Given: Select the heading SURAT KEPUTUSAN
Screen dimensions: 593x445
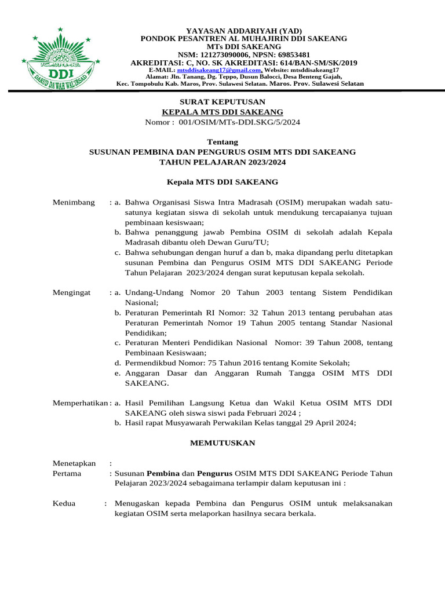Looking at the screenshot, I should pos(222,101).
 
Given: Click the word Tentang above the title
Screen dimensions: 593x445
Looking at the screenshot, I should pos(222,142).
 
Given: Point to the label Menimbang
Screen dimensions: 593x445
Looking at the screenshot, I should pos(74,202).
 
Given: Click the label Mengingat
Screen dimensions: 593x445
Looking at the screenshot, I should pos(72,293).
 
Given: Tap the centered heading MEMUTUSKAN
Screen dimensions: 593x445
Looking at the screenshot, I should pos(222,443).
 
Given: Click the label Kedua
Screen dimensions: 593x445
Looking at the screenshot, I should pos(64,503).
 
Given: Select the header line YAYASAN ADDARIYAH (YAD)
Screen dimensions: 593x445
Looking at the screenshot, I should pos(244,30).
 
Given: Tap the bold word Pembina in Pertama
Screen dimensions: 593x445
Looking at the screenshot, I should pos(163,473).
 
